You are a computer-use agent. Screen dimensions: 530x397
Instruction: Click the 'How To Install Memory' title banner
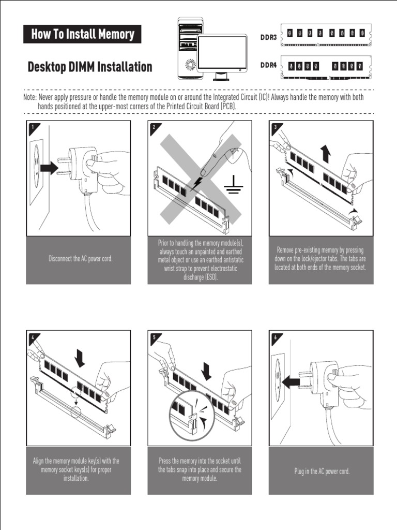[x=82, y=34]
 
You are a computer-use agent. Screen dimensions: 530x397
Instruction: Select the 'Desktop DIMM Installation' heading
[x=90, y=67]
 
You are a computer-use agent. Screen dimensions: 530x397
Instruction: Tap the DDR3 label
[x=269, y=37]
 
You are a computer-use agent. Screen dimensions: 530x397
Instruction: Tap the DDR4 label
[x=269, y=65]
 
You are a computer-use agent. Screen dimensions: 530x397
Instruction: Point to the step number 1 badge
[x=32, y=126]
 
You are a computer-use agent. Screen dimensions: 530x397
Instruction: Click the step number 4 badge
[x=32, y=337]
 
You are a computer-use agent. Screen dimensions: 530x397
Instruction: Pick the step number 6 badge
[x=275, y=337]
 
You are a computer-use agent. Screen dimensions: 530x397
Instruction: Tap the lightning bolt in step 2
[x=196, y=184]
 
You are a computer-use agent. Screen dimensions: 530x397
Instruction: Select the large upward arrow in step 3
[x=325, y=154]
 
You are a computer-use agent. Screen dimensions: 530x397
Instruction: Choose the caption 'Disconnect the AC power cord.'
[x=80, y=259]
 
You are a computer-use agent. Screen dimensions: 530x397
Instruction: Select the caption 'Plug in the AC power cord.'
[x=322, y=472]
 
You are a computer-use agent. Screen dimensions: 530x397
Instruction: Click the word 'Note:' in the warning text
[x=29, y=97]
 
